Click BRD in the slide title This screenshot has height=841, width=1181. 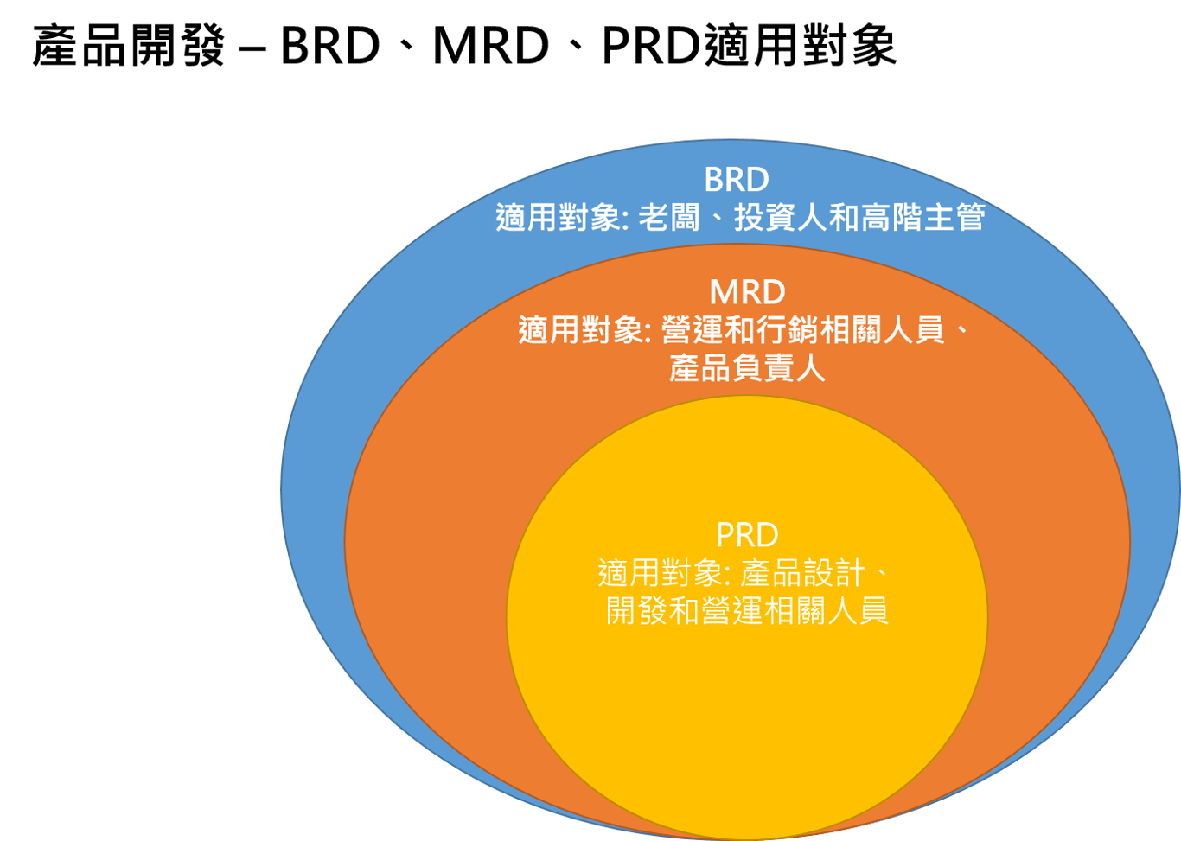[330, 46]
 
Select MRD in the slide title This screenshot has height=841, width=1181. [491, 46]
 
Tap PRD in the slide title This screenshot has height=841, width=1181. [651, 46]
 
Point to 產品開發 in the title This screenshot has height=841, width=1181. [129, 46]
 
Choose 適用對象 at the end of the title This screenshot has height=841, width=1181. [800, 46]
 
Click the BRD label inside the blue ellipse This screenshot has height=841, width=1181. [737, 180]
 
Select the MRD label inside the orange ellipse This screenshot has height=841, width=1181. [747, 292]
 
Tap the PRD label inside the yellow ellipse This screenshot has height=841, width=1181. [747, 535]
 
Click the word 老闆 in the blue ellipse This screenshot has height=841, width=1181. [668, 217]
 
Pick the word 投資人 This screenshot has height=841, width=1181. [780, 217]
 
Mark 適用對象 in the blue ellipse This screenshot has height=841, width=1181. [558, 217]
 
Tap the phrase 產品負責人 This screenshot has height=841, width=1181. [747, 368]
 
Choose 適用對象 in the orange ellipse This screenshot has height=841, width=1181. [580, 330]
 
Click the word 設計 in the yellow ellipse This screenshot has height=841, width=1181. [833, 573]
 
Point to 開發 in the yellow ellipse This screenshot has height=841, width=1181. [636, 611]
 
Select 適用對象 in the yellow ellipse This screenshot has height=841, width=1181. [660, 573]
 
